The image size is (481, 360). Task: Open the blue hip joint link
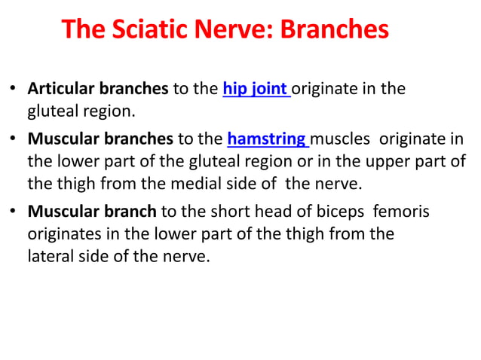[256, 90]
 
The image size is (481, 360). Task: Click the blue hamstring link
[267, 139]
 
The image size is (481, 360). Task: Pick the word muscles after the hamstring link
[342, 139]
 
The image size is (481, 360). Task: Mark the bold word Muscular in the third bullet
[62, 212]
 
